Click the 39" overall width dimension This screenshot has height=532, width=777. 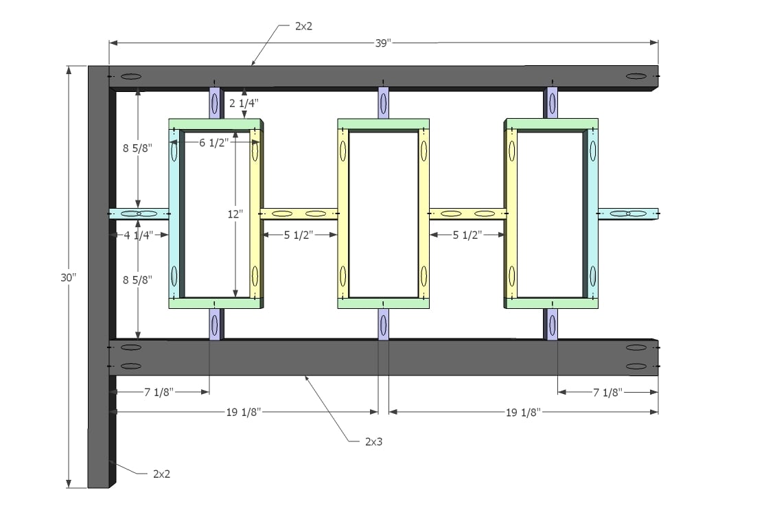tap(383, 43)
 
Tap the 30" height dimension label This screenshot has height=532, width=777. tap(69, 277)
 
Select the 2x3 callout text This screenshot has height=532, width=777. tap(373, 441)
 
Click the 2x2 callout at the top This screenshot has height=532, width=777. tap(304, 26)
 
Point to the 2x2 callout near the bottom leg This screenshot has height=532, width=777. tap(161, 474)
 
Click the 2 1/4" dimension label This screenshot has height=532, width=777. tap(244, 103)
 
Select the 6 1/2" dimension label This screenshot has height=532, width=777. tap(214, 143)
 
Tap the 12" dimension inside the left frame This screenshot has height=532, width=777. tap(235, 214)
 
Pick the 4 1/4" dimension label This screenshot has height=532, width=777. tap(139, 235)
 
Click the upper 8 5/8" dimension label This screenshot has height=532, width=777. tap(138, 148)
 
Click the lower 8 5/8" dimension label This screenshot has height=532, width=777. tap(138, 279)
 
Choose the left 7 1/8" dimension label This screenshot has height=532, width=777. tap(159, 392)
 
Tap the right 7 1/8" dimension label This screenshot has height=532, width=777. tap(607, 393)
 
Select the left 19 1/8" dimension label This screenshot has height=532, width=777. tap(243, 412)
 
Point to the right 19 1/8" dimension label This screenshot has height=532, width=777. tap(523, 413)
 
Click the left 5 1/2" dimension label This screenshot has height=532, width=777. tap(299, 235)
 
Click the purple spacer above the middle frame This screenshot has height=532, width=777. tap(384, 104)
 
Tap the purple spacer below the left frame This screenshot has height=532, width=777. tap(215, 324)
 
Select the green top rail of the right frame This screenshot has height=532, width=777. tap(552, 124)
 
